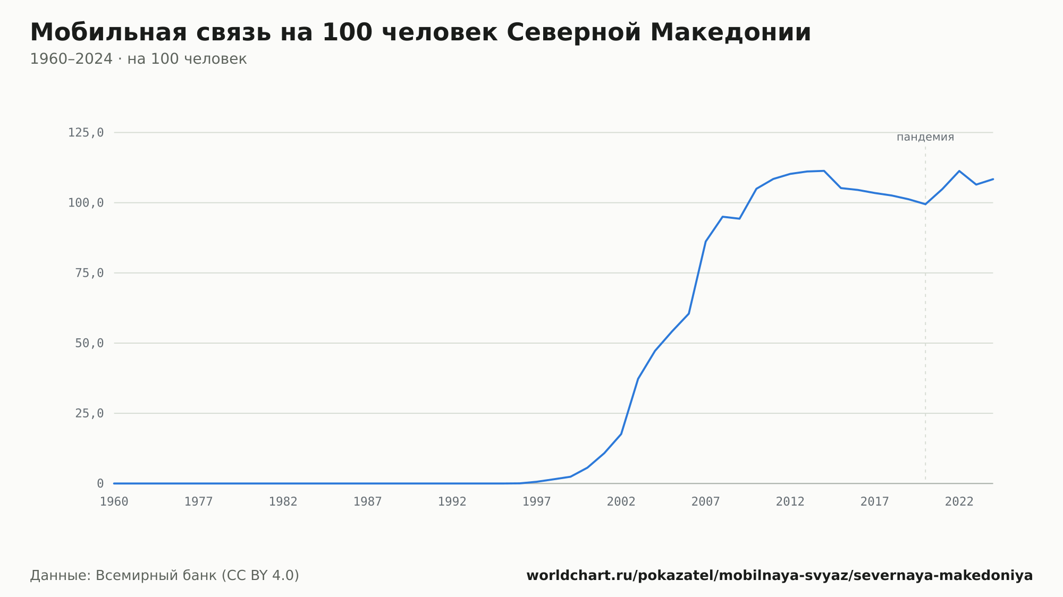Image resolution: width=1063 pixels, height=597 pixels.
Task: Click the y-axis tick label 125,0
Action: pyautogui.click(x=86, y=133)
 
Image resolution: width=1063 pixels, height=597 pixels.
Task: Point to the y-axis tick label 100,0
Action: pyautogui.click(x=86, y=203)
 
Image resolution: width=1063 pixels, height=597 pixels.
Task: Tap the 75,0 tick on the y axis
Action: pyautogui.click(x=89, y=273)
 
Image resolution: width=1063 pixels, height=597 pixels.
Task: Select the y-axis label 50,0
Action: pyautogui.click(x=89, y=343)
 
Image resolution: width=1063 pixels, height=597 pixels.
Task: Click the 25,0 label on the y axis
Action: pyautogui.click(x=89, y=413)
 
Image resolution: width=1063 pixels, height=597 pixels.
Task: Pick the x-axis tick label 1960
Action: pyautogui.click(x=114, y=502)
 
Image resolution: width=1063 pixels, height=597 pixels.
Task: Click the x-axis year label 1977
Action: pyautogui.click(x=199, y=502)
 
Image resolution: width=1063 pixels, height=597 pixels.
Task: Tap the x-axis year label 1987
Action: pyautogui.click(x=368, y=502)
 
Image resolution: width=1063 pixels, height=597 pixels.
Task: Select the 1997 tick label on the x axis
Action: pyautogui.click(x=537, y=502)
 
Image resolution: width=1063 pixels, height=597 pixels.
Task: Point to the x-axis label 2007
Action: pyautogui.click(x=706, y=502)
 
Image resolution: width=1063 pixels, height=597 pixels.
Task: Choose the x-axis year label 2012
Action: pyautogui.click(x=790, y=502)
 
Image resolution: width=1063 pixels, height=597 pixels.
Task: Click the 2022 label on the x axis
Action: pyautogui.click(x=959, y=502)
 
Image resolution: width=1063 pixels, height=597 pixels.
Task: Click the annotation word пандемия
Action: pyautogui.click(x=925, y=137)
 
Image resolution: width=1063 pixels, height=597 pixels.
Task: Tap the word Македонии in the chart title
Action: pyautogui.click(x=731, y=32)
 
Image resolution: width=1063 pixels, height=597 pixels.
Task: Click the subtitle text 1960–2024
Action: pyautogui.click(x=71, y=59)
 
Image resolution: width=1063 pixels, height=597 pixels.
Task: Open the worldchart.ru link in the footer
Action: pyautogui.click(x=780, y=576)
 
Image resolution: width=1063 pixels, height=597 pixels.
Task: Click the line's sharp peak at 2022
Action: pyautogui.click(x=959, y=171)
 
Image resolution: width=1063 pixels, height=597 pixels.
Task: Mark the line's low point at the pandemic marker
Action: pyautogui.click(x=925, y=204)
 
